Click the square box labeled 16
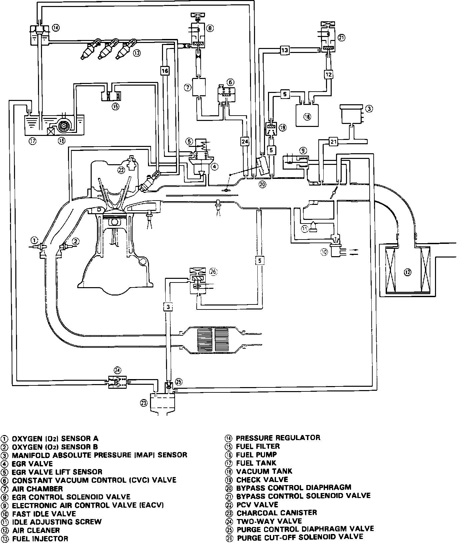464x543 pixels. click(x=165, y=71)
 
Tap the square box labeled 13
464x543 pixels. click(x=284, y=51)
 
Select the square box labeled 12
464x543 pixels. click(x=329, y=75)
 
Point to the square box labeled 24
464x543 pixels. click(x=245, y=142)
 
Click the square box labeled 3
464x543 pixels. click(x=168, y=307)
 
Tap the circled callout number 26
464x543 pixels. click(x=213, y=271)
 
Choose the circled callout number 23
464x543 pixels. click(x=144, y=403)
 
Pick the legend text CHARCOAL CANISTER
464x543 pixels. click(x=277, y=512)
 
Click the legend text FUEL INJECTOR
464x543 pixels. click(x=40, y=538)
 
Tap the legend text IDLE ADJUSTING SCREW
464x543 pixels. click(x=57, y=522)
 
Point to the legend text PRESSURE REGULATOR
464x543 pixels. click(x=278, y=437)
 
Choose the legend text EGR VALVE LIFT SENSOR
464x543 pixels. click(x=57, y=472)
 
